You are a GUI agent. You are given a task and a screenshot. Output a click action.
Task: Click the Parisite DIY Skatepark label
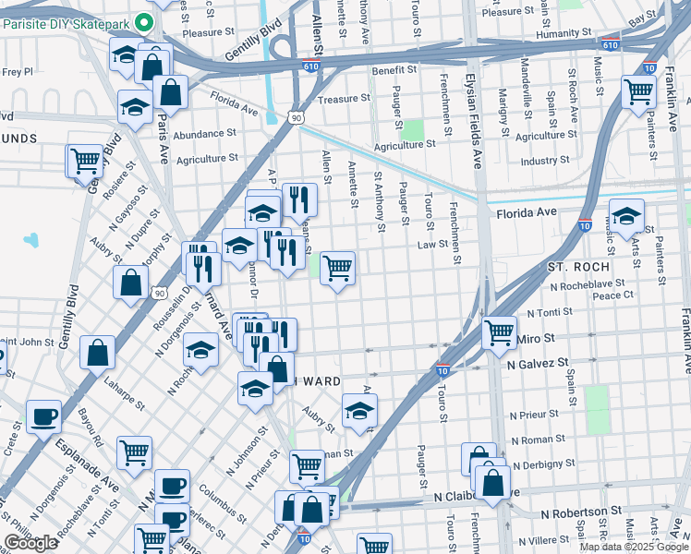pyautogui.click(x=63, y=22)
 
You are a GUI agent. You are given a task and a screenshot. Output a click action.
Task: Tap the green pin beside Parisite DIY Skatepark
pyautogui.click(x=142, y=21)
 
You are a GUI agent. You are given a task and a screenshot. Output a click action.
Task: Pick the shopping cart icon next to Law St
pyautogui.click(x=337, y=269)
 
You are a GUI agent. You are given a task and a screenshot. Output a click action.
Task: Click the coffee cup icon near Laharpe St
pyautogui.click(x=43, y=417)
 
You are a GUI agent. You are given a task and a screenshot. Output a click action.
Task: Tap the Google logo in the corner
pyautogui.click(x=30, y=543)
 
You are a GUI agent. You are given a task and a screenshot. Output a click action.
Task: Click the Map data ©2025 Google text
pyautogui.click(x=633, y=547)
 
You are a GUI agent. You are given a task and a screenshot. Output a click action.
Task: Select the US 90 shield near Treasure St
pyautogui.click(x=295, y=118)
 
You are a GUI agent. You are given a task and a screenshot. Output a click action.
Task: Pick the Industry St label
pyautogui.click(x=545, y=161)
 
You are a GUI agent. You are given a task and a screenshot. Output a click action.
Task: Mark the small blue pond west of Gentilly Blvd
pyautogui.click(x=33, y=240)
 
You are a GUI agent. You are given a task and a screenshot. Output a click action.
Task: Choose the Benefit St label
pyautogui.click(x=395, y=71)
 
